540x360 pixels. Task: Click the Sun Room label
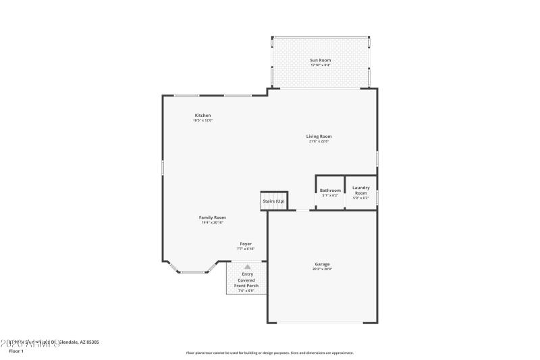[x=321, y=60]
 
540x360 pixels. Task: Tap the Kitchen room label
[x=202, y=115]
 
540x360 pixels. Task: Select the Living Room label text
[x=320, y=136]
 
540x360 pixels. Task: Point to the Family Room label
[x=212, y=217]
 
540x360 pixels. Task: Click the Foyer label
[x=246, y=244]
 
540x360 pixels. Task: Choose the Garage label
[x=322, y=264]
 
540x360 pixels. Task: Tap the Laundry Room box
[x=360, y=193]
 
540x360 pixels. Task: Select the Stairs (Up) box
[x=273, y=201]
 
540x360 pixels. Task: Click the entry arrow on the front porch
[x=246, y=267]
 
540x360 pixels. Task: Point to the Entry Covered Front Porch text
[x=246, y=280]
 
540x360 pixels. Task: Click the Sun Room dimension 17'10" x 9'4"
[x=321, y=66]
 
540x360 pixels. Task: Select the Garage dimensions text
[x=322, y=269]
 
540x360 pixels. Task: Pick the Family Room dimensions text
[x=212, y=222]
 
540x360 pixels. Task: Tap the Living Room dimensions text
[x=320, y=141]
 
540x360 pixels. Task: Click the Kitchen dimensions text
[x=202, y=120]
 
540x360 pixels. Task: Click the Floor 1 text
[x=16, y=351]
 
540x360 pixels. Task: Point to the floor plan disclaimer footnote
[x=269, y=353]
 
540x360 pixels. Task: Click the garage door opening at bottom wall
[x=322, y=322]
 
